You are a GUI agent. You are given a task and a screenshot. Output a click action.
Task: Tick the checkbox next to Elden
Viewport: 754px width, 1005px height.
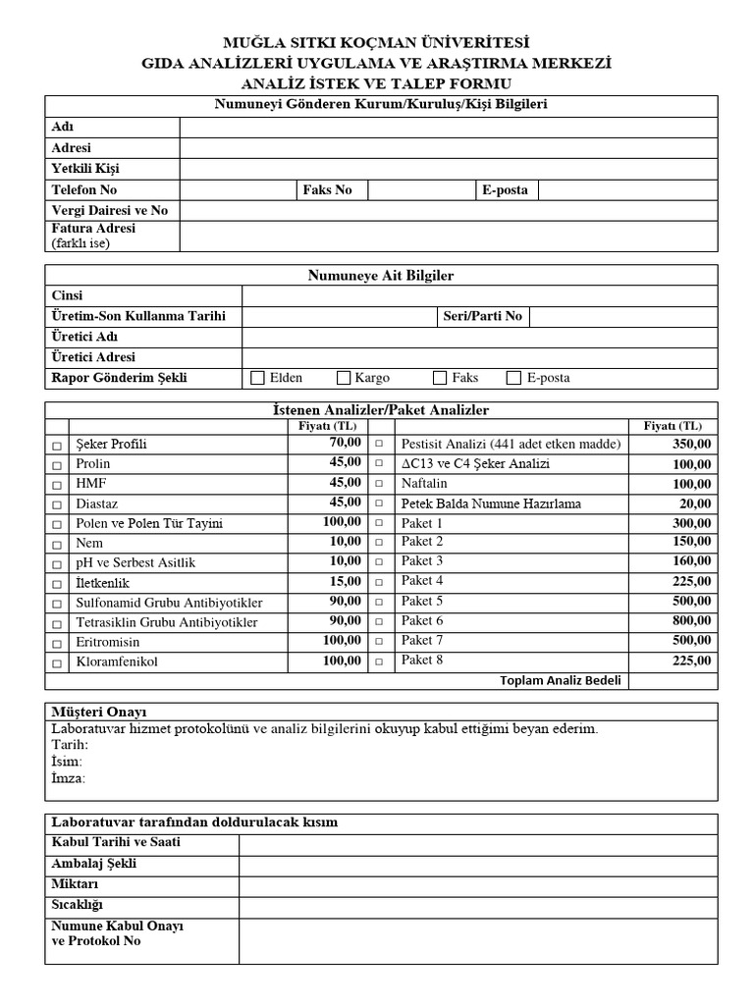258,378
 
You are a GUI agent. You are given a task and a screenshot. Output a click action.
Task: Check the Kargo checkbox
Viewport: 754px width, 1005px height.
344,378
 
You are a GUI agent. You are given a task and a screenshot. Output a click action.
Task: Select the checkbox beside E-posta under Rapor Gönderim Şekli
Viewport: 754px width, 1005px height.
513,378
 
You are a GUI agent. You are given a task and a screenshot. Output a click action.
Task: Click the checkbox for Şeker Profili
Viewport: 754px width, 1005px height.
57,446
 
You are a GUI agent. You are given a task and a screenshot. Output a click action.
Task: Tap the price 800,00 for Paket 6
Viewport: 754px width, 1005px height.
691,621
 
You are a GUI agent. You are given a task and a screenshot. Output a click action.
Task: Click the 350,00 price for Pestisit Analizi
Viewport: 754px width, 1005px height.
691,445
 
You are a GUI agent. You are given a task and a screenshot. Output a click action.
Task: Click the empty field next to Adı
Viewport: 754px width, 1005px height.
448,127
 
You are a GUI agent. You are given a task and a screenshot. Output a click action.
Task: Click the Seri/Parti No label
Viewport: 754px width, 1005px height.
482,316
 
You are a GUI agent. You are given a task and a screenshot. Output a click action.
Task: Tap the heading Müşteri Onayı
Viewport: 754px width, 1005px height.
98,712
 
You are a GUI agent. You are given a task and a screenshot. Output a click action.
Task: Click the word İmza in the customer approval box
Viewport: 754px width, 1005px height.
68,778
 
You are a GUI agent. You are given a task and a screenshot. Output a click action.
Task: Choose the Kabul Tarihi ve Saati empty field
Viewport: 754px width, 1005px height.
477,844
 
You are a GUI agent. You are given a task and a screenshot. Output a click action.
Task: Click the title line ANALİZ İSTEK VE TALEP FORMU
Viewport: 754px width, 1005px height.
376,83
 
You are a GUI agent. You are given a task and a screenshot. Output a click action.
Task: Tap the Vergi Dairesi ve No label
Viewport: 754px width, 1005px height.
109,210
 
